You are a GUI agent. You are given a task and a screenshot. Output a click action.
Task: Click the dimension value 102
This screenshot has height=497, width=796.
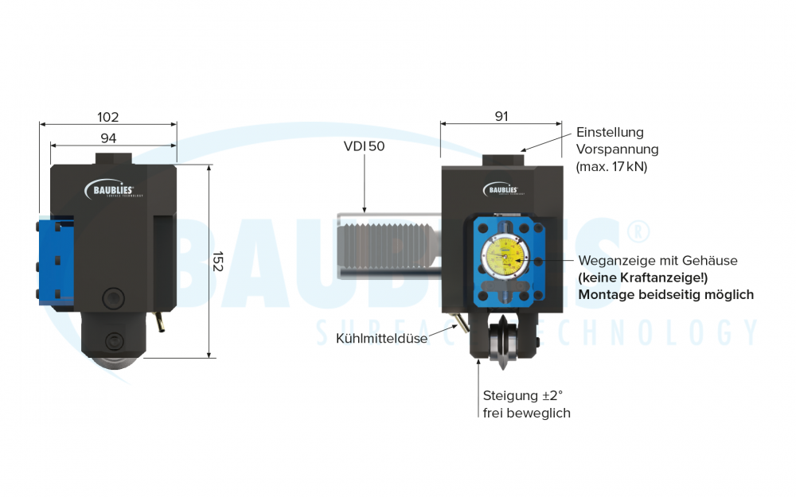click(108, 117)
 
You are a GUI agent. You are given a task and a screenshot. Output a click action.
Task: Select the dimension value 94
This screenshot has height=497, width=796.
click(108, 138)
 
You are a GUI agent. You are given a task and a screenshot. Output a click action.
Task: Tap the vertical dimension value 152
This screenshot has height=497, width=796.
click(218, 262)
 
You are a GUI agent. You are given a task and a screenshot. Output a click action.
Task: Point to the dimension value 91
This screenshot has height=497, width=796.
click(501, 116)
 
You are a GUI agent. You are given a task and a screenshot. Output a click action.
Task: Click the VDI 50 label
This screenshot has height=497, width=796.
click(364, 146)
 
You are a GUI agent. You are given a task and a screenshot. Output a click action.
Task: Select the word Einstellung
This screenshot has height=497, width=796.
click(610, 132)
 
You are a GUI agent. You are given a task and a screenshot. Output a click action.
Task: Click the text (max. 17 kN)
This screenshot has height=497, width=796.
click(611, 167)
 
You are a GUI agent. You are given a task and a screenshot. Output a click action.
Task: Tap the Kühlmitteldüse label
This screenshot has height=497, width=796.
click(382, 339)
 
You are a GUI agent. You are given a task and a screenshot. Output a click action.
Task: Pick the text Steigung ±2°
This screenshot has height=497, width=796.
click(523, 396)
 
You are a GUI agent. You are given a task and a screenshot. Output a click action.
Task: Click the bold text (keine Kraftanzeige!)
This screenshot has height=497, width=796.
click(643, 278)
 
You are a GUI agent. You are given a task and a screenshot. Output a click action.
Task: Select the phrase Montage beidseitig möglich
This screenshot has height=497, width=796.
click(665, 294)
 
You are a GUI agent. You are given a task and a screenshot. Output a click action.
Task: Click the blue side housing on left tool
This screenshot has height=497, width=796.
click(56, 258)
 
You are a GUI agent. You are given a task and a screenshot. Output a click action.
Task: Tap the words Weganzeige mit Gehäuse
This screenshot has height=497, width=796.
click(657, 261)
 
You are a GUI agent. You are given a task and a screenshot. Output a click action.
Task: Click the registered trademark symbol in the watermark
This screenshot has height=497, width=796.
click(638, 231)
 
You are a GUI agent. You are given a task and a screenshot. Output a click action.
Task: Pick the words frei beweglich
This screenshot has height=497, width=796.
click(526, 413)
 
